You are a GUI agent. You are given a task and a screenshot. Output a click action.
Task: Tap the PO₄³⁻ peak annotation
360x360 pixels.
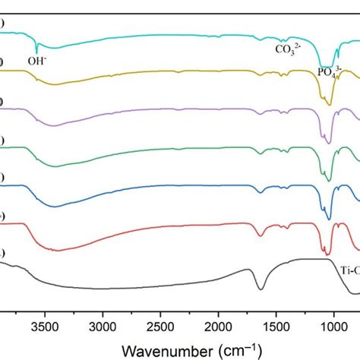[x=329, y=74]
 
